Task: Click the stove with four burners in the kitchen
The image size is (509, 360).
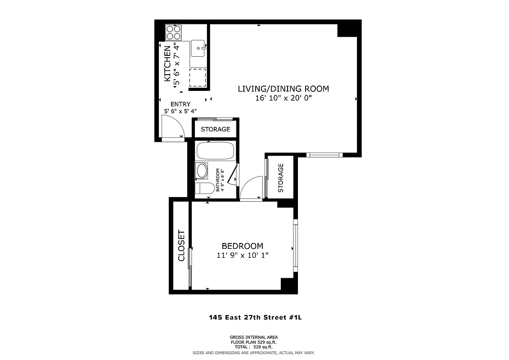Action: click(173, 32)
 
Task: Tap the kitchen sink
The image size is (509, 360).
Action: click(198, 48)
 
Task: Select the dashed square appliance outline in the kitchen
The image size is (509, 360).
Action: click(197, 77)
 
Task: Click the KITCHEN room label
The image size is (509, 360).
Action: click(167, 63)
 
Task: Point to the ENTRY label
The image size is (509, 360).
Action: click(180, 104)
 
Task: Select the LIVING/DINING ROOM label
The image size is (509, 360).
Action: click(283, 89)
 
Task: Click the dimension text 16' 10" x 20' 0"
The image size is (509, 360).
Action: click(283, 98)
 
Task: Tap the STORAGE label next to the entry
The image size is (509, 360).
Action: click(215, 129)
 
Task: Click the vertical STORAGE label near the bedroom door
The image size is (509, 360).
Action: click(281, 178)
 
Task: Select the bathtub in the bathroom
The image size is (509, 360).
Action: click(215, 151)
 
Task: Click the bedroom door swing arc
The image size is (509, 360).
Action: click(251, 187)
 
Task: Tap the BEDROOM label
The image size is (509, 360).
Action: click(242, 246)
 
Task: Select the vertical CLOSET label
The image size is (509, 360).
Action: click(181, 246)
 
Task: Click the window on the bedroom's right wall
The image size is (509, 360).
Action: click(295, 246)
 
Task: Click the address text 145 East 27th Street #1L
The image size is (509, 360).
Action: click(255, 317)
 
